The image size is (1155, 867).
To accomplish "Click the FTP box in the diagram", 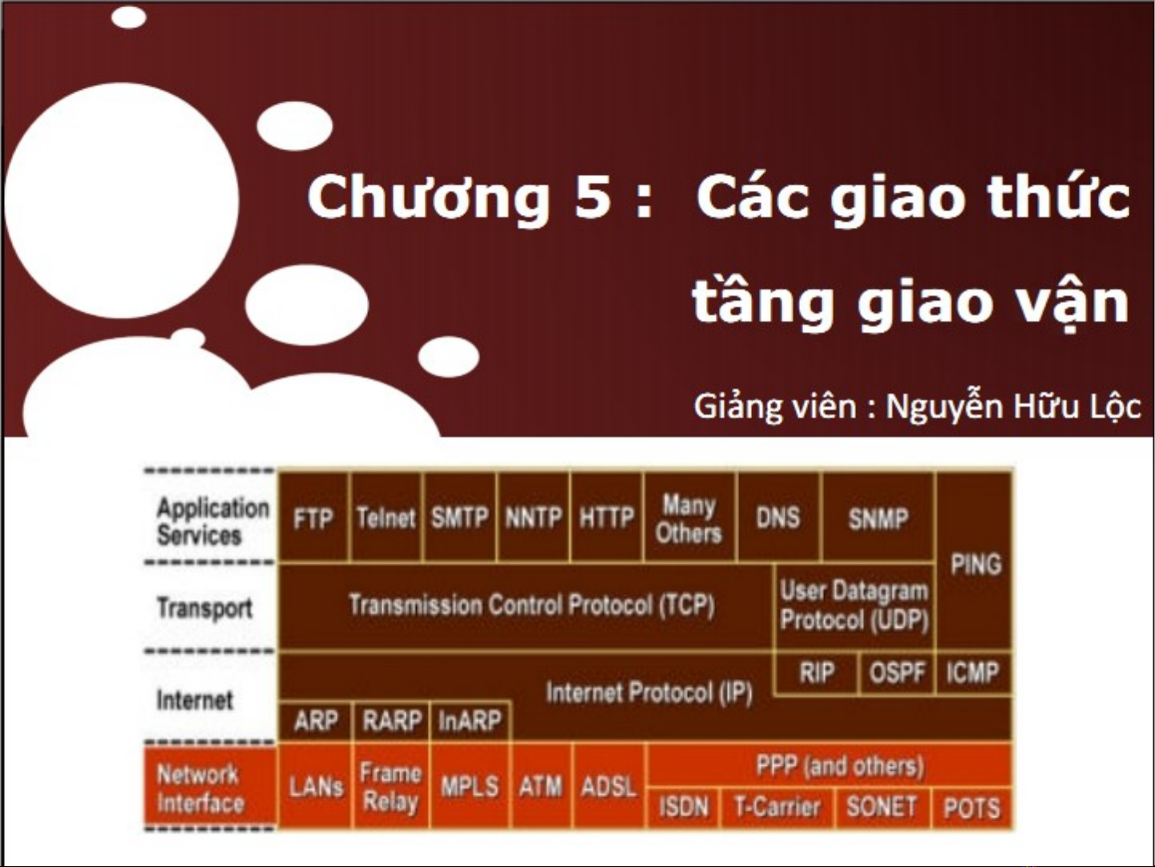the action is tap(313, 517).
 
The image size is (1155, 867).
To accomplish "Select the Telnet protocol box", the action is tap(386, 517).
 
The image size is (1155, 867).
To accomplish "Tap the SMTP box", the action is tap(460, 517).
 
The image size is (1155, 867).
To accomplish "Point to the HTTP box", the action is tap(607, 517).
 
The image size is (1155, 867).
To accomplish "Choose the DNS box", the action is tap(778, 517).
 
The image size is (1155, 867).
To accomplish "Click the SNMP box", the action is tap(878, 517).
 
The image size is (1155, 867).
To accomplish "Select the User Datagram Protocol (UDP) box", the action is tap(854, 606).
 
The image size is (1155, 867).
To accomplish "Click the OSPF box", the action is tap(897, 672).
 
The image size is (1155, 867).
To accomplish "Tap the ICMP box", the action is tap(974, 672).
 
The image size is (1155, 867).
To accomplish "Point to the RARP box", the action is tap(392, 720).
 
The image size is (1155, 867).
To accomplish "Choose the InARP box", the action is tap(470, 720).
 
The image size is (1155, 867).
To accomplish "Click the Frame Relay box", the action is tap(391, 787).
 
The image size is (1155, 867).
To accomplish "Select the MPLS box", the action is tap(470, 787).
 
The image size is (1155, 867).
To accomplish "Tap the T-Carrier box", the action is tap(777, 807).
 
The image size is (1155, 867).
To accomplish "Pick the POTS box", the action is tap(972, 807).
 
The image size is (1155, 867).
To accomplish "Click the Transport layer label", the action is tap(204, 609).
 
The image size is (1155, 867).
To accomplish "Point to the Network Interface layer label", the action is tap(200, 788).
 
